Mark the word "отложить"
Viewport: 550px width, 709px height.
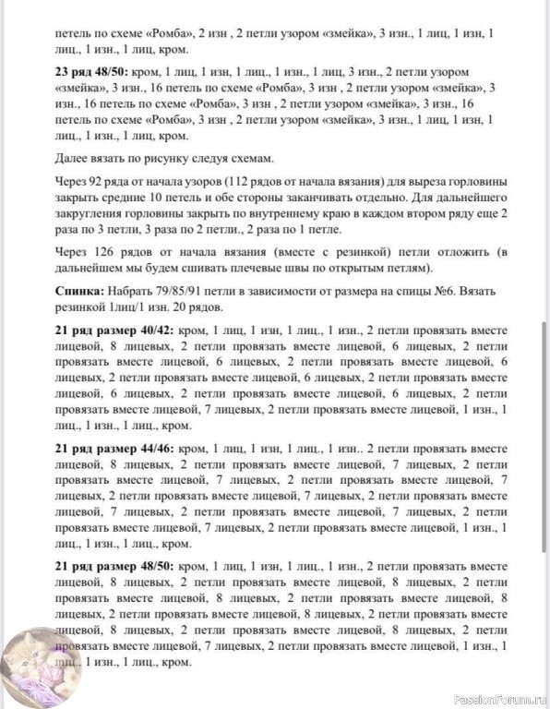coord(439,253)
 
